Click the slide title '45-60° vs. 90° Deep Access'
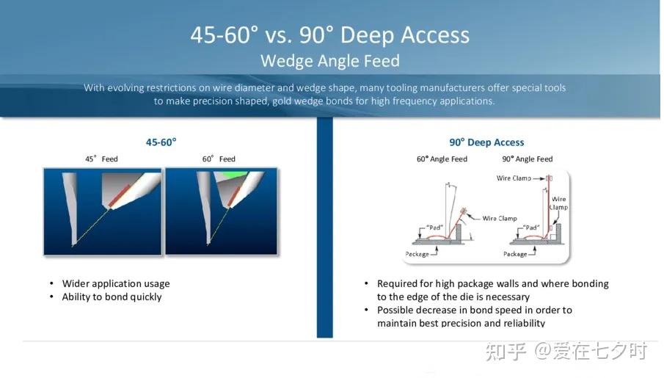point(330,34)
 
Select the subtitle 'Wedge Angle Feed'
point(330,61)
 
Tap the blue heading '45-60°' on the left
point(161,142)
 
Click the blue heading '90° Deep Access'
point(486,142)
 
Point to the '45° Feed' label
point(102,159)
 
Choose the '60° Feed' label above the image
point(219,159)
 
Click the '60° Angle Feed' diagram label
point(442,159)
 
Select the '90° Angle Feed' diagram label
point(528,159)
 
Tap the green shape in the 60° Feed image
point(231,174)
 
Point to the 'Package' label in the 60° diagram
point(417,254)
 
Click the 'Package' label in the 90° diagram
point(515,254)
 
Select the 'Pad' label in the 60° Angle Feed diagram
point(434,228)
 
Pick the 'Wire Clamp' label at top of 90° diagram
point(514,178)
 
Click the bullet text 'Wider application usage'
point(116,283)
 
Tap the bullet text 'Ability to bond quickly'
point(112,297)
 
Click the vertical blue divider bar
point(325,227)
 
